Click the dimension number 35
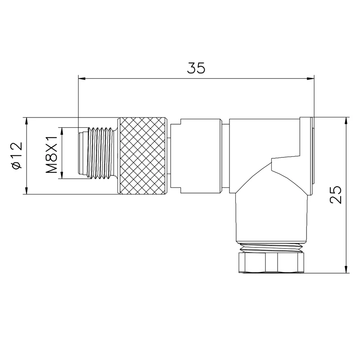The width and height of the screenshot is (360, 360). [x=196, y=68]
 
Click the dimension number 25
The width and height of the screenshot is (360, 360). [x=336, y=195]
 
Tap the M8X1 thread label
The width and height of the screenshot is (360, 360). [x=51, y=154]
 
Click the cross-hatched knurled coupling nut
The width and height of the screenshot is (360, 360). [x=143, y=156]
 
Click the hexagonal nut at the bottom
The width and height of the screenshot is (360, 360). [x=271, y=262]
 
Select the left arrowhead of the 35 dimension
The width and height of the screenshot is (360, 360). [x=82, y=79]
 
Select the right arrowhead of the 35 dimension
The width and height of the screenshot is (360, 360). [x=310, y=79]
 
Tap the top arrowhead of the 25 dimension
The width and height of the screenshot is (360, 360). [x=346, y=121]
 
